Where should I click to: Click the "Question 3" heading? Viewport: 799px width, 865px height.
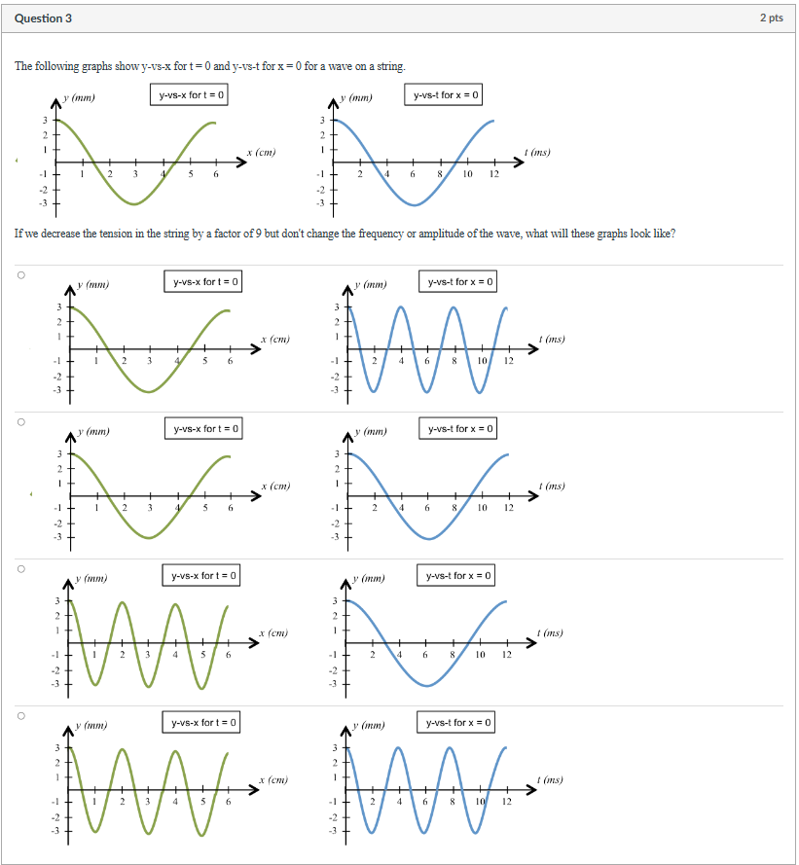point(43,18)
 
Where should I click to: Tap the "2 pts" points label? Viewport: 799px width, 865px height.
point(771,18)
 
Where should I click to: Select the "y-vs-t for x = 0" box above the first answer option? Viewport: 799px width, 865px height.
point(460,282)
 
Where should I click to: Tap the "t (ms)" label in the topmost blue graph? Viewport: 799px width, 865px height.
point(536,152)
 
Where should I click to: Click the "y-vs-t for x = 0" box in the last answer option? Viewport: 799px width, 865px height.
point(460,722)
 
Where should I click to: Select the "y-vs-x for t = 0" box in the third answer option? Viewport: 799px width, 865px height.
point(204,576)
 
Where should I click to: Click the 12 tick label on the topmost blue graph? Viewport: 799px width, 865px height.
point(493,174)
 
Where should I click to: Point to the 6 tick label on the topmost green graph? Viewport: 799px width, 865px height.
point(216,174)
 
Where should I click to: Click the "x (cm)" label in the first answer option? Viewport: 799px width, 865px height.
point(275,339)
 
